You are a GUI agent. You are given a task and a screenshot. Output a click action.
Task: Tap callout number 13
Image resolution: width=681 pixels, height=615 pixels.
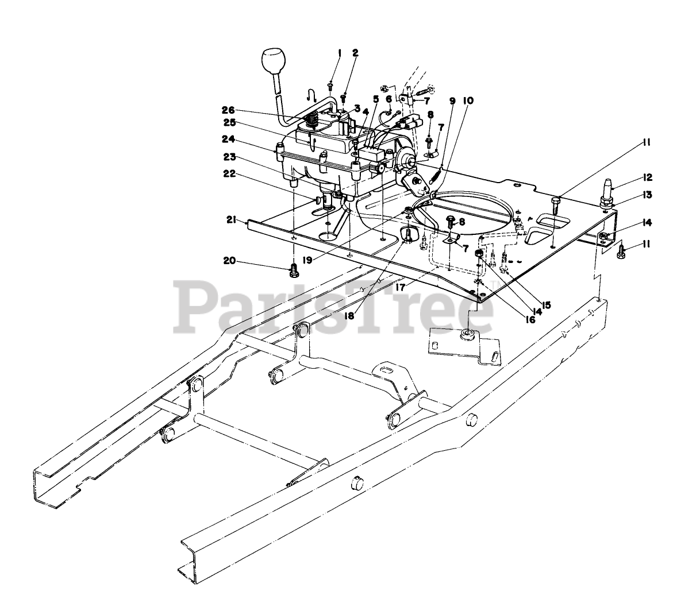tap(647, 195)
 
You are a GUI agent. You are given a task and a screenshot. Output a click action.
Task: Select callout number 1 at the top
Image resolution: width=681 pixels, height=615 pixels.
tap(340, 53)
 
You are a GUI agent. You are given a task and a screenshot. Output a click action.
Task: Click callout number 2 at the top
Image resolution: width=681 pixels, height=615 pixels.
tap(355, 53)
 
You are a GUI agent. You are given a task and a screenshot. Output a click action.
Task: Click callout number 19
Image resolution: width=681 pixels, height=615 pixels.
tap(308, 243)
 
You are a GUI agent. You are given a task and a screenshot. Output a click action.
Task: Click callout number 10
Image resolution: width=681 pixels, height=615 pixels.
tap(468, 100)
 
